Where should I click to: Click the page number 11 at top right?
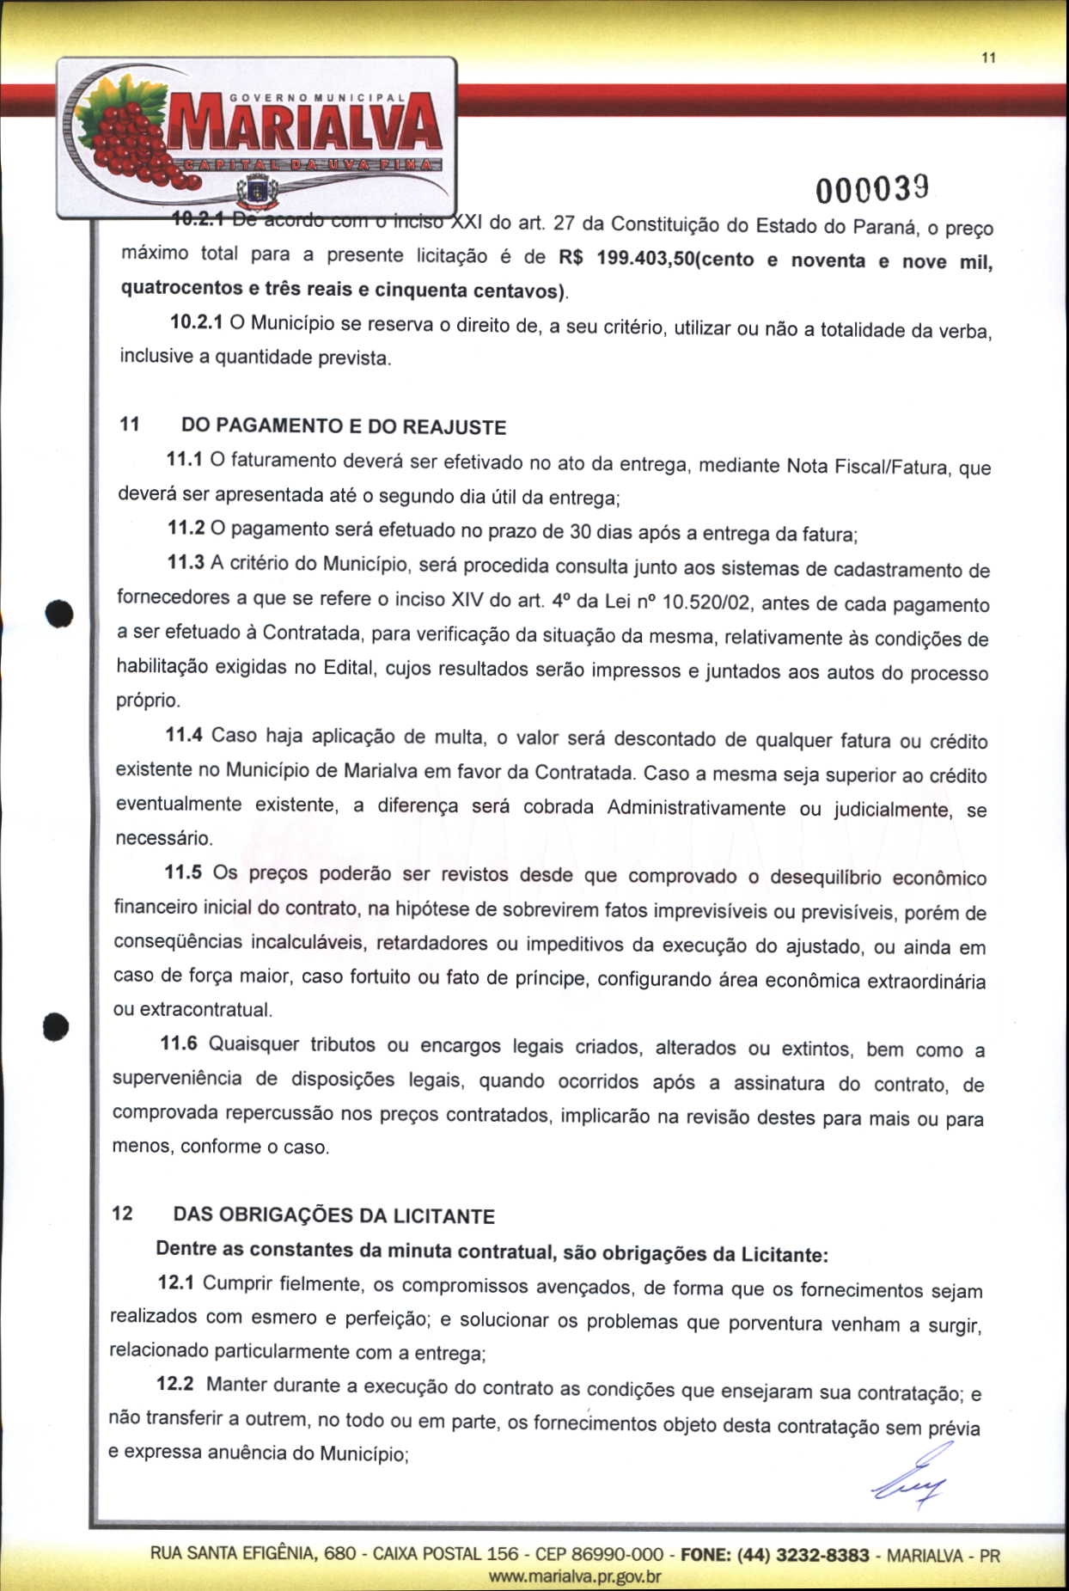[x=988, y=58]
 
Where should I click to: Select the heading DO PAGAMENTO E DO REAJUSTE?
[x=344, y=426]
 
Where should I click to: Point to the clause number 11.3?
[x=186, y=563]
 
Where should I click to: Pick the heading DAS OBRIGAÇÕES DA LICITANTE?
[x=334, y=1215]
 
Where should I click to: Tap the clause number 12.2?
[x=175, y=1384]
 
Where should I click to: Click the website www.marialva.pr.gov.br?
[x=575, y=1576]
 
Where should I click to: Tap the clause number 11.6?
[x=179, y=1043]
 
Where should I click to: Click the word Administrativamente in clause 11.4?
[x=696, y=808]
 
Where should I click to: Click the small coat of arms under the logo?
[x=257, y=191]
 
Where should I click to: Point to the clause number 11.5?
[x=183, y=872]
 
